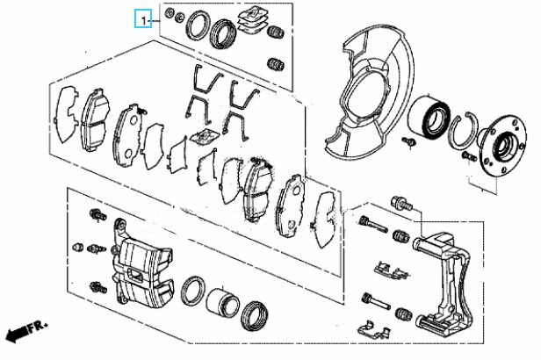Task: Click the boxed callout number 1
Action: pos(143,19)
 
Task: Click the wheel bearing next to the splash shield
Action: pos(429,117)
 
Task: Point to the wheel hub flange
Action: pos(502,145)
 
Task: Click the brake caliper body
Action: pos(141,264)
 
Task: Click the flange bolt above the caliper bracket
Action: pos(402,204)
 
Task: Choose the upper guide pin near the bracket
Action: pos(373,224)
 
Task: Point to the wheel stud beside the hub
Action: pos(469,156)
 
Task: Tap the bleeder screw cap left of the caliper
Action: pos(78,247)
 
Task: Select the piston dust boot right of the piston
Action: pos(255,315)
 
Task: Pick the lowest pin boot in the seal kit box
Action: pos(276,64)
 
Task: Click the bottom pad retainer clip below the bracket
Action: pos(374,329)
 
